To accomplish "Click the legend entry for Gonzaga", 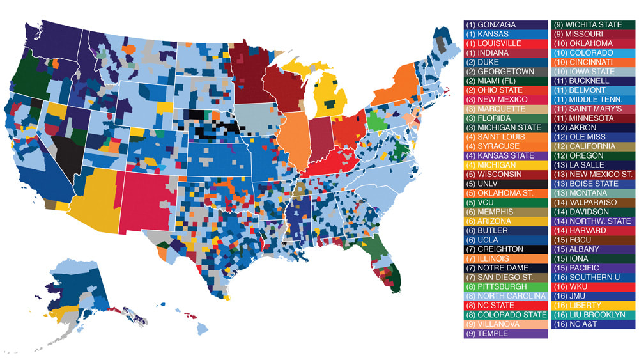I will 505,24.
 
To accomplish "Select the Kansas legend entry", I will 505,34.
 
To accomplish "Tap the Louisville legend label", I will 505,43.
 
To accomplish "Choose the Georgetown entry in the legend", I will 505,72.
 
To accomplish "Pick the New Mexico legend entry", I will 505,100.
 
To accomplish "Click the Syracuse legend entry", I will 505,146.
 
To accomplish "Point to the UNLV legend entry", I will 505,184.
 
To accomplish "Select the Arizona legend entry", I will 505,221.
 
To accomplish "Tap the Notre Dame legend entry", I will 505,268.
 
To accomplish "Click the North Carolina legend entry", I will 505,296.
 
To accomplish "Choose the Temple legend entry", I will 505,333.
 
